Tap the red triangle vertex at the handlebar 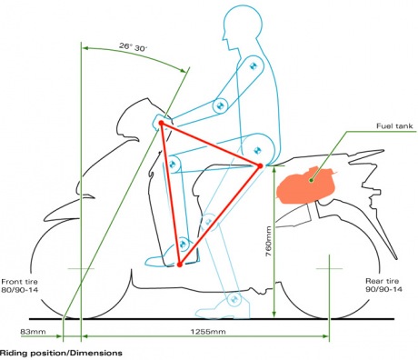[161, 123]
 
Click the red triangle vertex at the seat [259, 165]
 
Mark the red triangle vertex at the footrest [181, 265]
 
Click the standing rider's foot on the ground [233, 304]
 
